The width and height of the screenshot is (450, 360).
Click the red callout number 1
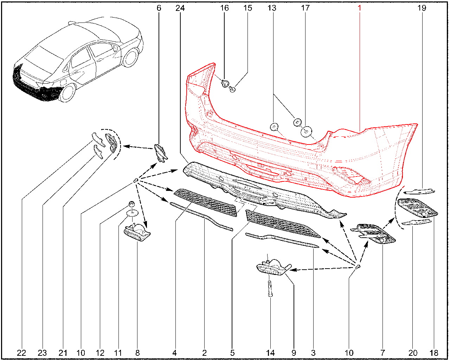tap(359, 8)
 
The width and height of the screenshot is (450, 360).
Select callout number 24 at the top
tap(180, 8)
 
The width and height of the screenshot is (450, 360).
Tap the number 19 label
tap(422, 8)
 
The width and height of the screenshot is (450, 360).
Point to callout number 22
tap(21, 353)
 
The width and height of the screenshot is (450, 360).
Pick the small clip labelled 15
tap(232, 89)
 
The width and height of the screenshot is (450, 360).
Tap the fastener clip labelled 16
tap(225, 83)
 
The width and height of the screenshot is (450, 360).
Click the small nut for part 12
tap(131, 204)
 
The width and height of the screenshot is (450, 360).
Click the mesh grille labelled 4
tap(205, 202)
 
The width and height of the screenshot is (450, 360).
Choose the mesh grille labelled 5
tap(282, 224)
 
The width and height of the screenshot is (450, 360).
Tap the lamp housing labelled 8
tap(137, 233)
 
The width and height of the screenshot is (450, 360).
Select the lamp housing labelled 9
tap(273, 267)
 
